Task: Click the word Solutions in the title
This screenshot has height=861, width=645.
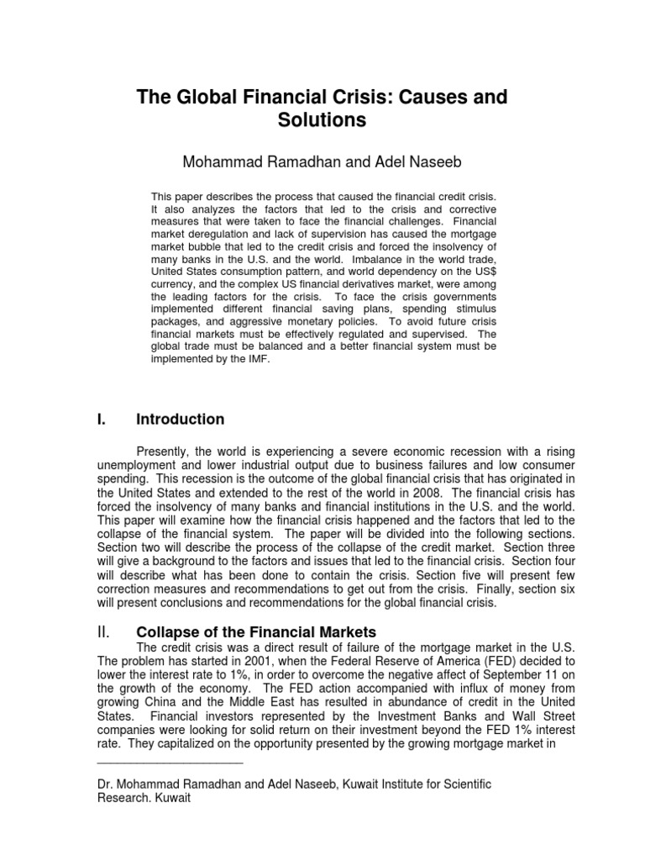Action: (322, 120)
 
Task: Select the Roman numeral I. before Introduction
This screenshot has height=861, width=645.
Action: (103, 419)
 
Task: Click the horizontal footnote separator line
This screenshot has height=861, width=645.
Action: (170, 763)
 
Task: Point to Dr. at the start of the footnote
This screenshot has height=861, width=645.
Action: (107, 784)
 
